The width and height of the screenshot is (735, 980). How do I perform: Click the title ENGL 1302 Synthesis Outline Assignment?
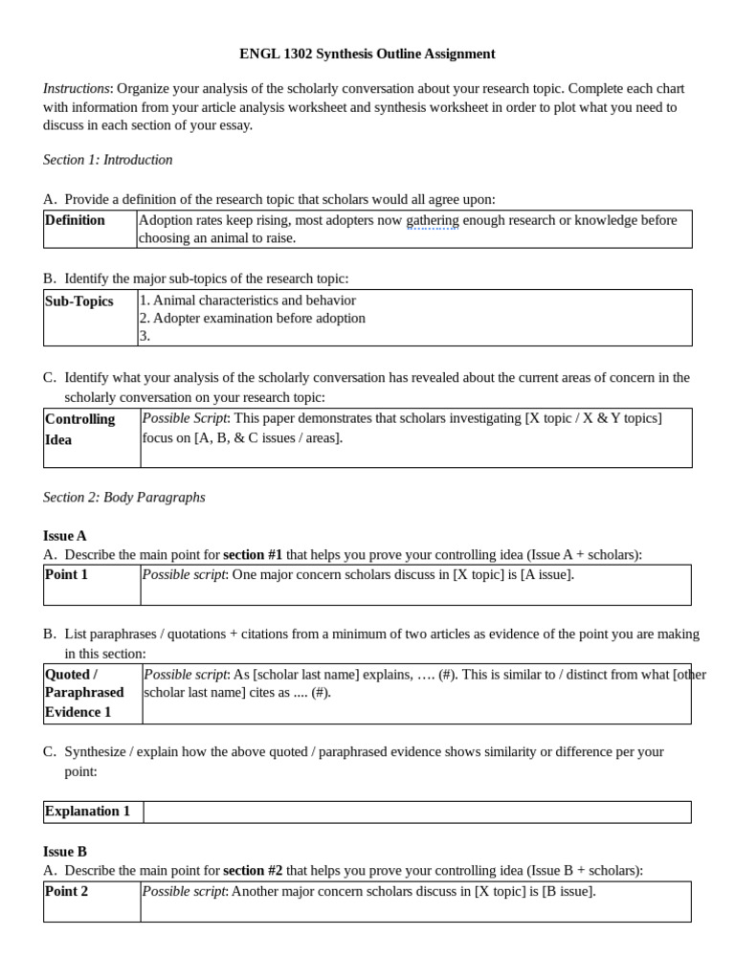coord(367,54)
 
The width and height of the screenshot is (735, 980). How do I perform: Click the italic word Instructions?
coord(77,88)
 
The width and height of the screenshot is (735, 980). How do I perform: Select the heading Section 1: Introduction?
coord(107,160)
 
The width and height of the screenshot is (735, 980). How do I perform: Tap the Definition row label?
coord(75,220)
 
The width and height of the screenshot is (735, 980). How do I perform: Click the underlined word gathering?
coord(433,220)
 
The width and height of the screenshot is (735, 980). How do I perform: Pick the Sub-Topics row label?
coord(79,301)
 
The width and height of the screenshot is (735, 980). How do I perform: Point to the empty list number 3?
coord(145,336)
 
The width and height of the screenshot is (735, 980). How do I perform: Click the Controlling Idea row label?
coord(80,429)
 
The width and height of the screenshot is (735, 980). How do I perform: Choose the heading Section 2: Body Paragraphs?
coord(123,498)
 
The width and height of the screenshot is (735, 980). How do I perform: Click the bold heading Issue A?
coord(65,536)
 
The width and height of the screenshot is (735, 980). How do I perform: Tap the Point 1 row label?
coord(67,574)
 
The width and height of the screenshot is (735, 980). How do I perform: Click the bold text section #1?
coord(253,554)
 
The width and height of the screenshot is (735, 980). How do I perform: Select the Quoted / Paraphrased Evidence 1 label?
coord(84,693)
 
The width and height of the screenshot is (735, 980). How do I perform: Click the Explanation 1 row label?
coord(87,811)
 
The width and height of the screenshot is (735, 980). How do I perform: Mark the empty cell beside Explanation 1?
coord(416,812)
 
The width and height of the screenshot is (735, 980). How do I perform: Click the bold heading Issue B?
coord(65,851)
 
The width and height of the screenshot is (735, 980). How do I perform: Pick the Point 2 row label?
coord(67,891)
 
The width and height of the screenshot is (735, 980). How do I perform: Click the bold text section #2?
coord(253,870)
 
